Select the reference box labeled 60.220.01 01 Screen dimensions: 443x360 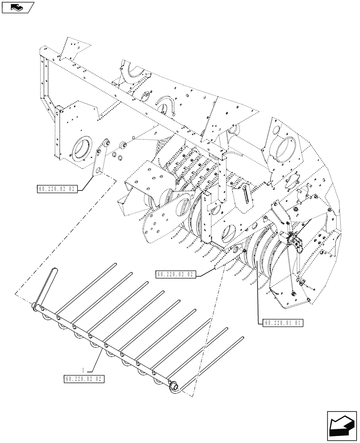coord(283,323)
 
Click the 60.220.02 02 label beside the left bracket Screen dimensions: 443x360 coord(58,189)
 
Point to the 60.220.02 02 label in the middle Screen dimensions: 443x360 coord(175,274)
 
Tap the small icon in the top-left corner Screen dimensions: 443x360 coord(17,7)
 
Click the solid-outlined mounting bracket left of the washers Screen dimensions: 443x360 coord(101,159)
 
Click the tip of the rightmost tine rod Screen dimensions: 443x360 coord(243,338)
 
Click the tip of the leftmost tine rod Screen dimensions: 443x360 coord(115,264)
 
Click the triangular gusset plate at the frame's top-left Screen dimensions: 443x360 coord(72,47)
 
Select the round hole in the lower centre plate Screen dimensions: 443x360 coord(227,231)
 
